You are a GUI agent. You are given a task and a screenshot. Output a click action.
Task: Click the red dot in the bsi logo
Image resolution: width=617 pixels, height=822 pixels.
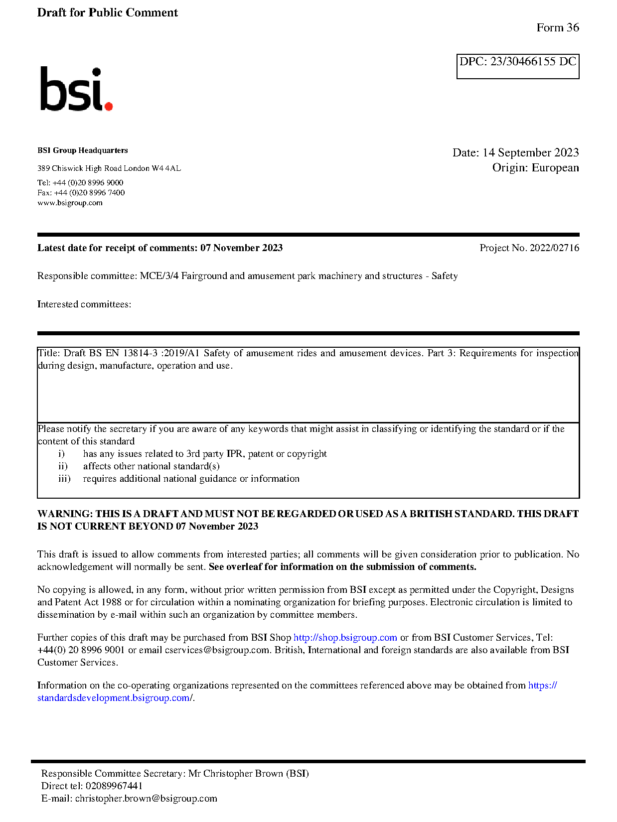109,105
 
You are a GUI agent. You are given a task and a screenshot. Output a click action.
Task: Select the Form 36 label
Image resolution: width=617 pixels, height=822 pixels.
557,28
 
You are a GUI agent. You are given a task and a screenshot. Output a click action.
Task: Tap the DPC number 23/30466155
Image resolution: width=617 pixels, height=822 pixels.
523,62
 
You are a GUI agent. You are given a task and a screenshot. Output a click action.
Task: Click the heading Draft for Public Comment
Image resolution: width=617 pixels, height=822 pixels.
107,13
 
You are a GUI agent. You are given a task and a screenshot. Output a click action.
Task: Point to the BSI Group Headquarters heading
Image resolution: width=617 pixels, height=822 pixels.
83,150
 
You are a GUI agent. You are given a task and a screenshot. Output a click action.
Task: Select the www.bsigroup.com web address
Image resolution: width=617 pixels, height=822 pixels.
70,203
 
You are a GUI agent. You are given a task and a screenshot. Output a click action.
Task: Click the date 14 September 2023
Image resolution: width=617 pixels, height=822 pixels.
530,152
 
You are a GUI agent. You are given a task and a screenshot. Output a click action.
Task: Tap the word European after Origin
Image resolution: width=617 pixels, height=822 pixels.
555,167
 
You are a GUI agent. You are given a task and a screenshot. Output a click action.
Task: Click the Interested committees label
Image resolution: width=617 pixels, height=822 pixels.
84,304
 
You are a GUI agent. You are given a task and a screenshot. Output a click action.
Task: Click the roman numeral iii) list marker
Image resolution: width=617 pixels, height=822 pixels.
64,479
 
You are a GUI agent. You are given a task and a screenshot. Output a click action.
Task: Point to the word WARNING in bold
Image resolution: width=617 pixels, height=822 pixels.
64,514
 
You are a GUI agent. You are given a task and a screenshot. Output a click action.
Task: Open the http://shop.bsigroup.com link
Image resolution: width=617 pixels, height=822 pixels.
345,638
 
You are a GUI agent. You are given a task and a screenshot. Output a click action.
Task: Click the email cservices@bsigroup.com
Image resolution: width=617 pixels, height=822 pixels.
217,650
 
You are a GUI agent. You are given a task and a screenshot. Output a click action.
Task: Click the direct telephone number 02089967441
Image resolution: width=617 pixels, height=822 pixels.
114,786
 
